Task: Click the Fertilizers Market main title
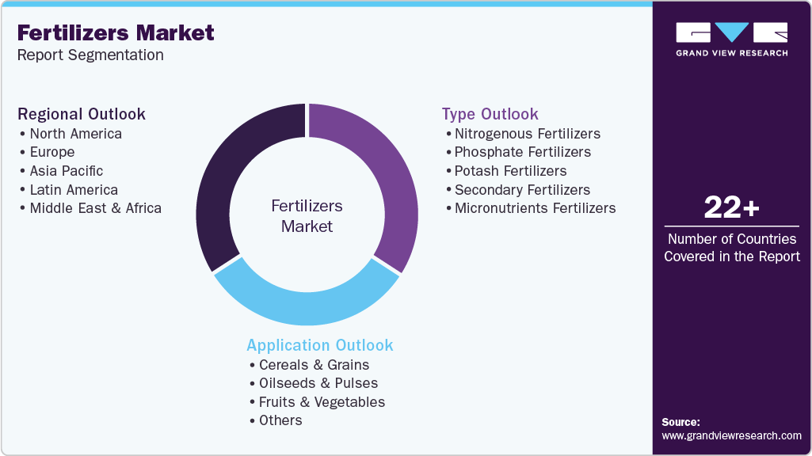click(x=116, y=33)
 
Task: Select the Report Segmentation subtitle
click(x=90, y=55)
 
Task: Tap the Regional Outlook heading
click(x=82, y=114)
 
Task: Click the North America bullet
click(x=75, y=134)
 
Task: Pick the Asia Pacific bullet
click(x=67, y=171)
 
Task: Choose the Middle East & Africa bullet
click(x=95, y=208)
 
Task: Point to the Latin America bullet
click(x=74, y=190)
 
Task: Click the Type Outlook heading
click(x=490, y=114)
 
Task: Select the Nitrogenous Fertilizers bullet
click(x=527, y=134)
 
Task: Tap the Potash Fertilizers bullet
click(x=510, y=171)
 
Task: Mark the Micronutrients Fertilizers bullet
click(x=535, y=208)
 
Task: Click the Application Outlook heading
click(x=320, y=345)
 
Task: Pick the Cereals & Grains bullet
click(x=314, y=365)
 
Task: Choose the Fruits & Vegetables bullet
click(x=322, y=402)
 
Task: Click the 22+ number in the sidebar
click(x=731, y=208)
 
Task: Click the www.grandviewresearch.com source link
click(x=731, y=435)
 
